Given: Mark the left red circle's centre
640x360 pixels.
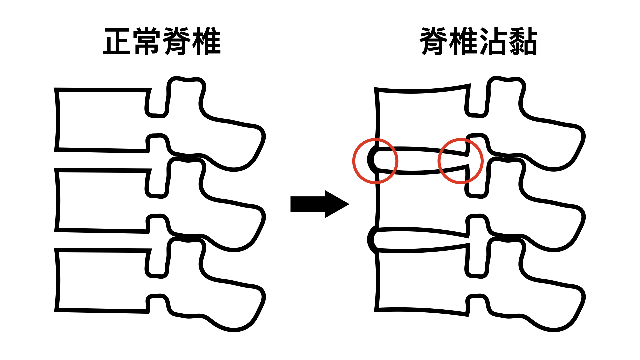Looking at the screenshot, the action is tap(375, 161).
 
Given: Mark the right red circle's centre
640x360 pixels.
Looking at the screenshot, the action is tap(461, 161).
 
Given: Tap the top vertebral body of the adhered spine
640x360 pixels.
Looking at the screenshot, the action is tap(422, 119).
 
